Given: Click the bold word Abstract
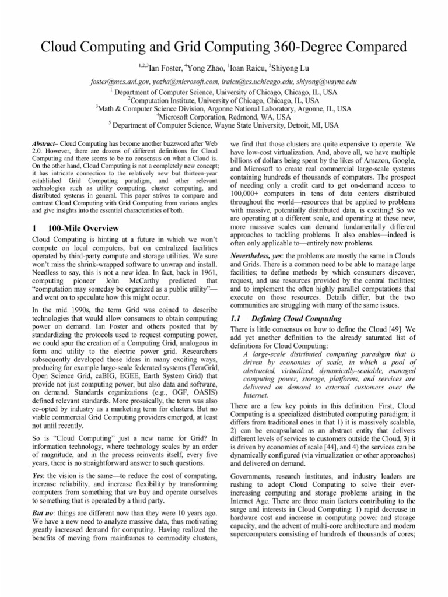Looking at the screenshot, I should point(44,143).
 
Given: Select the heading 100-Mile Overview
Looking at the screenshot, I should point(87,228).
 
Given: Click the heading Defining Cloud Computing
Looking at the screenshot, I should point(296,319).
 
